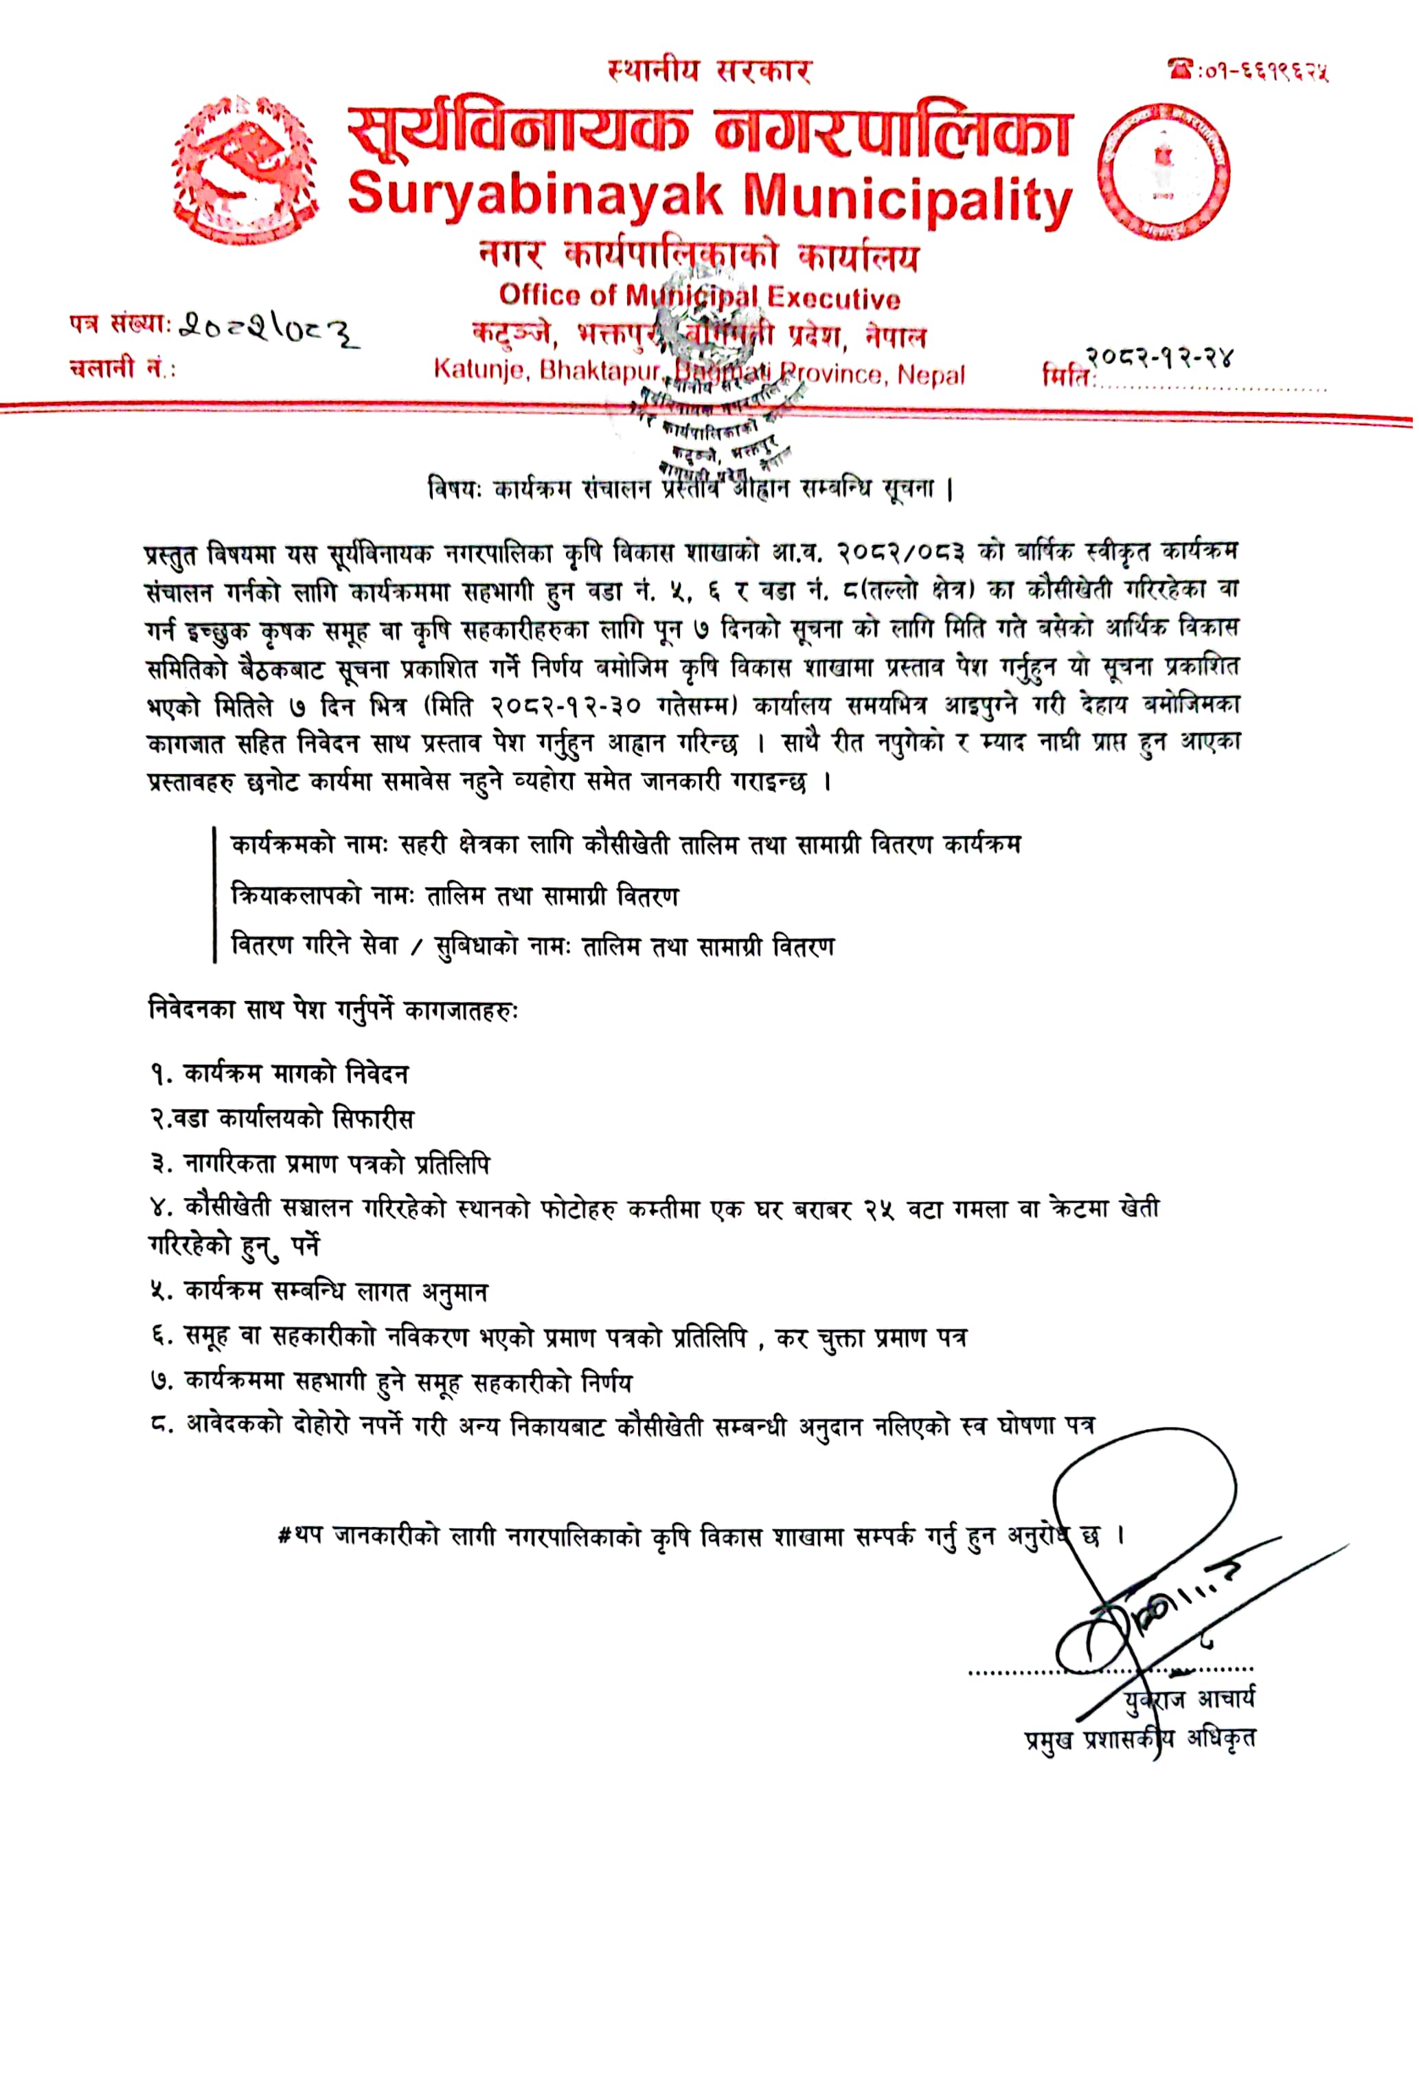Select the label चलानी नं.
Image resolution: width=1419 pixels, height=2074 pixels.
point(122,367)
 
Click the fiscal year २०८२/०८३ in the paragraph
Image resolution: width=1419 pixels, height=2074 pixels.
point(900,552)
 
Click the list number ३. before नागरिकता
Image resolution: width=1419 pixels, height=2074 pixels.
point(161,1164)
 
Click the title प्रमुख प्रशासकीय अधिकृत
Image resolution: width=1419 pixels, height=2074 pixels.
point(1139,1739)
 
